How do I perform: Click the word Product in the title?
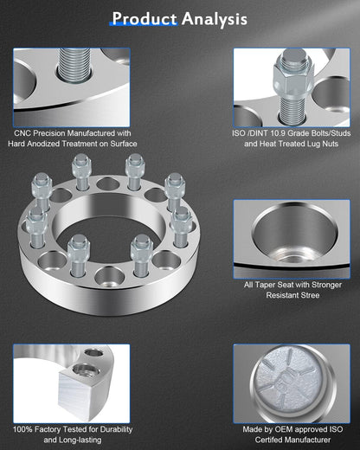click(x=145, y=18)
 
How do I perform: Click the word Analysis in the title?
click(x=215, y=19)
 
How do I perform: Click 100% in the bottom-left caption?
click(x=22, y=429)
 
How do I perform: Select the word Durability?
click(x=116, y=429)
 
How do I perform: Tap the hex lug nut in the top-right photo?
click(x=292, y=76)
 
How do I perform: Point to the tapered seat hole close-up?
click(x=295, y=236)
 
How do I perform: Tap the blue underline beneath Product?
click(x=144, y=25)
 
